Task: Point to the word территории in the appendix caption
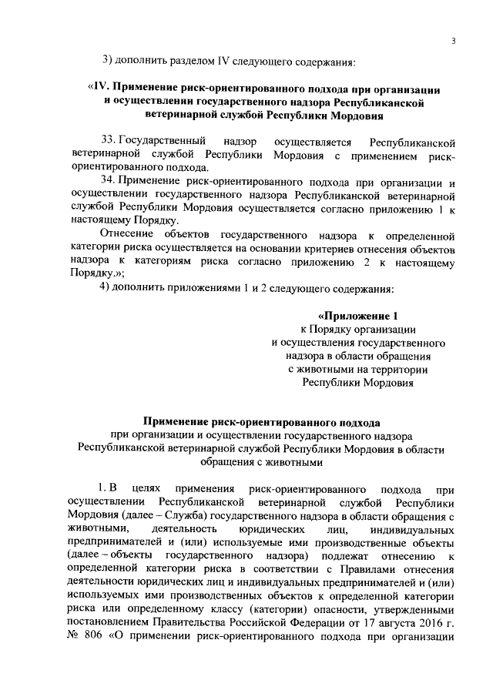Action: (401, 368)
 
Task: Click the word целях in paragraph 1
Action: (148, 488)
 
